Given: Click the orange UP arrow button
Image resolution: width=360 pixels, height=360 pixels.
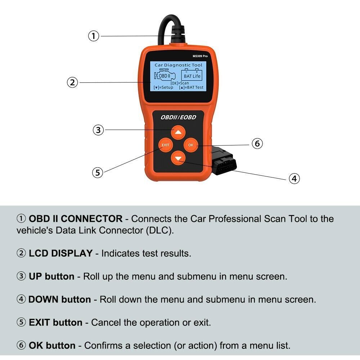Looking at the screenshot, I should (x=178, y=132).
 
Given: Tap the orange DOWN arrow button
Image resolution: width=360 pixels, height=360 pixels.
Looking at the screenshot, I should (x=178, y=158).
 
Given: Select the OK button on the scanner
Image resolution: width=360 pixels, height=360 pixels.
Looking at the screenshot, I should (x=191, y=145).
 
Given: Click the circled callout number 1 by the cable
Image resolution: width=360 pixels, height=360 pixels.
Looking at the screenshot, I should (x=94, y=36).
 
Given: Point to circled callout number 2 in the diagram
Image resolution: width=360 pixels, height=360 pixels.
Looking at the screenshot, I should (x=72, y=82).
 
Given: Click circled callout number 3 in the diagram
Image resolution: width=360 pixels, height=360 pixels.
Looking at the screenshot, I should (x=98, y=130).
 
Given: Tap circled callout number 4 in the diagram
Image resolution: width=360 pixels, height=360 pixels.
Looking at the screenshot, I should (x=294, y=178).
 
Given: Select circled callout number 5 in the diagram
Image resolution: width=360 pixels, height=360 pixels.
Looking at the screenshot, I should (x=98, y=172).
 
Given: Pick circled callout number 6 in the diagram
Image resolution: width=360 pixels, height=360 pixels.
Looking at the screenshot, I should (x=257, y=143).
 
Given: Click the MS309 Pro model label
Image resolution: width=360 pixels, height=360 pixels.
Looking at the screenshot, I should (x=200, y=56).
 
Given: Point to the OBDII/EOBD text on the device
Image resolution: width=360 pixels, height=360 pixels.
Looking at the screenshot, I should (x=178, y=117).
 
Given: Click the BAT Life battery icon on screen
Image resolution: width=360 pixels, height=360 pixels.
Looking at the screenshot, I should (x=192, y=75).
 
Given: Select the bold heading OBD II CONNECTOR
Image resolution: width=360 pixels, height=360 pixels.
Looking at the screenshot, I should (x=75, y=219).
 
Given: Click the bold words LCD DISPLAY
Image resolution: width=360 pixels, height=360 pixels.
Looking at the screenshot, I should (x=60, y=253).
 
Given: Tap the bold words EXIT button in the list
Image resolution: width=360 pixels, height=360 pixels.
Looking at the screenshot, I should (x=55, y=323).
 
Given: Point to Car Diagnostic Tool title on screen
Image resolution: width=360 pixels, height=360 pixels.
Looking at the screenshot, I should (x=178, y=65).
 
